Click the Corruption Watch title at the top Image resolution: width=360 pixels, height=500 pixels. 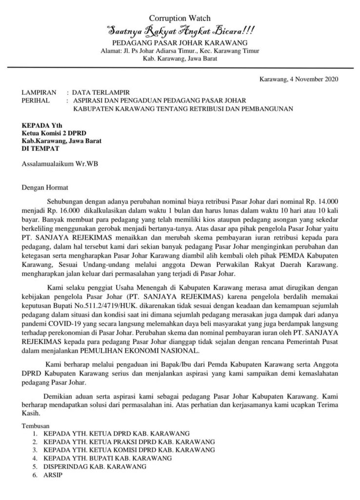(180, 18)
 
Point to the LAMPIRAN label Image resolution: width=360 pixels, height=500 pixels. (37, 92)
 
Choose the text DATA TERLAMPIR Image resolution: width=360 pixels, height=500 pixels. (101, 92)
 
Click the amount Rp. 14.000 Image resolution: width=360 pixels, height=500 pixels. (319, 201)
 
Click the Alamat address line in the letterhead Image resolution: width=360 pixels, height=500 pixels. (180, 51)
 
